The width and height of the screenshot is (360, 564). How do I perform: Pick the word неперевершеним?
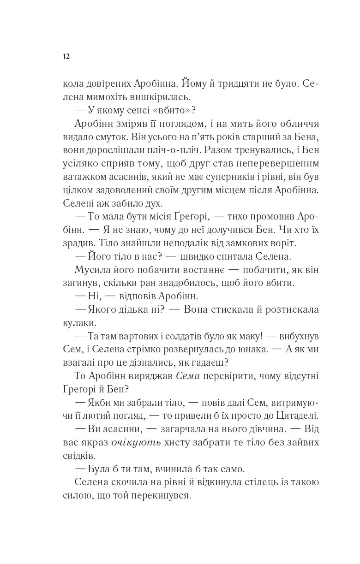(x=281, y=164)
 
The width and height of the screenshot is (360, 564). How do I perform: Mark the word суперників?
(x=233, y=177)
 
